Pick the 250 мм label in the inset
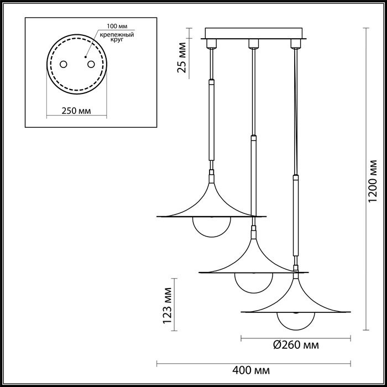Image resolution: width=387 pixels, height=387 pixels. pos(76,111)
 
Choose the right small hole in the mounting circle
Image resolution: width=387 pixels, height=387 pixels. pos(91,64)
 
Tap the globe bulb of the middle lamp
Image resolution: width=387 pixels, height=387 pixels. pos(253,283)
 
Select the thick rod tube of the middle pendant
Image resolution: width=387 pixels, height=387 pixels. pos(253,177)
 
